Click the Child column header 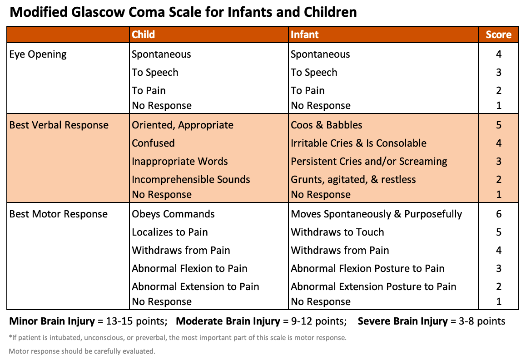[x=143, y=35]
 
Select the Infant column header [x=305, y=35]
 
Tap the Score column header [x=498, y=35]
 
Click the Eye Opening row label [x=38, y=54]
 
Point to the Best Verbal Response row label [x=59, y=125]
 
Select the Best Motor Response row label [x=59, y=214]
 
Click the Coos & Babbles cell [x=327, y=125]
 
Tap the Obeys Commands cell [x=173, y=214]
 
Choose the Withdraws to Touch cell [x=337, y=232]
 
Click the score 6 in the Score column [x=499, y=214]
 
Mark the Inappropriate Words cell [x=180, y=162]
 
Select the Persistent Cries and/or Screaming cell [x=369, y=162]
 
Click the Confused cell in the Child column [x=153, y=143]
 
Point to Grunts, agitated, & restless [x=353, y=180]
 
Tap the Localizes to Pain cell [x=170, y=232]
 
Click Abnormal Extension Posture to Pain [x=373, y=287]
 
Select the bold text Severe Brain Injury [x=403, y=321]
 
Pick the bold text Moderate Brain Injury [x=228, y=321]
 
